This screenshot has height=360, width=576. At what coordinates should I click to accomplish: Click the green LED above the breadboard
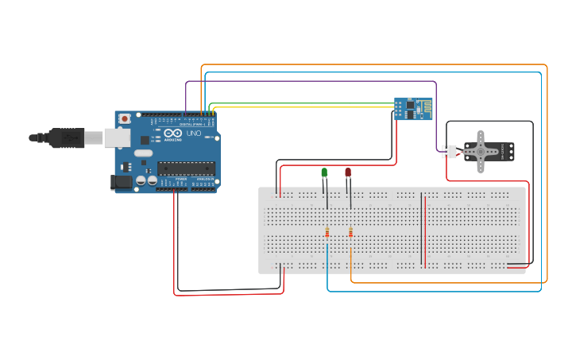324,172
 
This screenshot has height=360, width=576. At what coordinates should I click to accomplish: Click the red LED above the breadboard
347,172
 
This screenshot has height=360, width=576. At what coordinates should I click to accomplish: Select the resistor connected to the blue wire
327,232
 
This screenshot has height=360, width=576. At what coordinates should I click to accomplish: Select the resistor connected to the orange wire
350,232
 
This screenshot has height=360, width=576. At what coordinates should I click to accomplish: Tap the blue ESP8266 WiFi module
413,109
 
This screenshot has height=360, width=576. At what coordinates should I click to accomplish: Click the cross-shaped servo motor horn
480,151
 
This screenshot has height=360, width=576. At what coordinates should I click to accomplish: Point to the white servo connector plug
450,151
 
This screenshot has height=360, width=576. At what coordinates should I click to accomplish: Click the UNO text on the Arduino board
193,133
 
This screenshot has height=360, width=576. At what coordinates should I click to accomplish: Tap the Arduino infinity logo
173,133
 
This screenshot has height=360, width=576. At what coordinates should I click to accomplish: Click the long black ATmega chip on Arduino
186,167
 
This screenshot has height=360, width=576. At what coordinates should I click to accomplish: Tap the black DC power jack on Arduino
121,182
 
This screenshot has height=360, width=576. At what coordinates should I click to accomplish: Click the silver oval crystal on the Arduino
143,153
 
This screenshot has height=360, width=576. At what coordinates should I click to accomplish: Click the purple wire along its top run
310,81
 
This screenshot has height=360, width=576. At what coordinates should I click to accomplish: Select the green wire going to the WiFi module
302,103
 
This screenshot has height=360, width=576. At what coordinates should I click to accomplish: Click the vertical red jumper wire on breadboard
425,230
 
